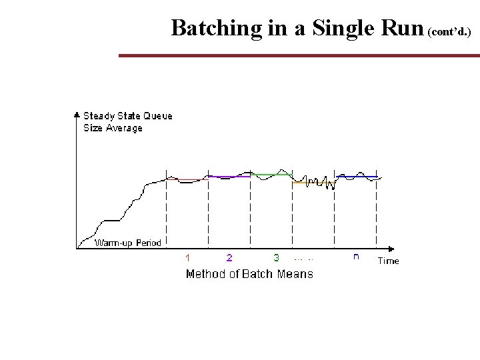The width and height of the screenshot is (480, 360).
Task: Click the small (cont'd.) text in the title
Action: coord(453,31)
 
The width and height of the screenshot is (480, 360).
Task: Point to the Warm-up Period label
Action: coord(128,243)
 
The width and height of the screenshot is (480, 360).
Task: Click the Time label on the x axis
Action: coord(388,261)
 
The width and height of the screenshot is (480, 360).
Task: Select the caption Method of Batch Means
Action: coord(249,273)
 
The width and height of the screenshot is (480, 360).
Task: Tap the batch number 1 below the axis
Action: coord(187,257)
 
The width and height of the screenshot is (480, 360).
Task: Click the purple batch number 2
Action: coord(229,257)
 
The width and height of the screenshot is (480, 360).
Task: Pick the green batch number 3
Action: coord(276,257)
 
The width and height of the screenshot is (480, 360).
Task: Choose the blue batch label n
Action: coord(356,257)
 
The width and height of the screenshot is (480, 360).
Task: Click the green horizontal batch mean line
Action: coord(271,174)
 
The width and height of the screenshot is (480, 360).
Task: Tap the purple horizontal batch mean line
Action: coord(229,177)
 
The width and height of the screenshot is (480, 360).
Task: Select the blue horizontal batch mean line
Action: coord(356,177)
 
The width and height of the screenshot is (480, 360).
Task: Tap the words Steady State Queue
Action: coord(127,116)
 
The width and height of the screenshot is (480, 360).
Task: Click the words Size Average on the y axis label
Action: coord(113,127)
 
